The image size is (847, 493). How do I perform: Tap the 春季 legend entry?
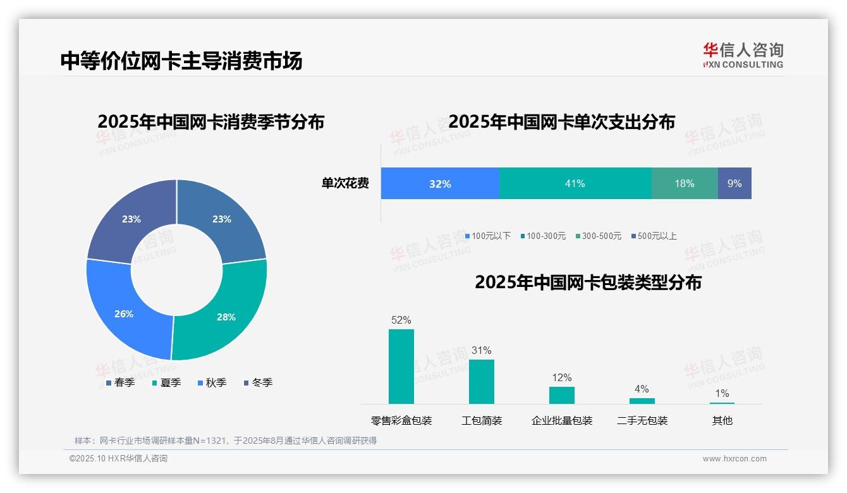[120, 382]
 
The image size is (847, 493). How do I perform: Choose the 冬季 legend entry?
[258, 382]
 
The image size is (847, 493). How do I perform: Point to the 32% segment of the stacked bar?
[440, 184]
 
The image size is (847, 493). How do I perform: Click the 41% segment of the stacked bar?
[575, 184]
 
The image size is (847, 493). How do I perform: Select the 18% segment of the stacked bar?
[685, 184]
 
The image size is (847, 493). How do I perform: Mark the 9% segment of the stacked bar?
[734, 184]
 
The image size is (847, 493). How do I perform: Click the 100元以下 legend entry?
[487, 236]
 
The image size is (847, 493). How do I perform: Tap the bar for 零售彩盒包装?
[401, 367]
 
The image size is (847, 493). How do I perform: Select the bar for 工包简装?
[482, 382]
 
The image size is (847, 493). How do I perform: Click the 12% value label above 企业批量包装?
[561, 378]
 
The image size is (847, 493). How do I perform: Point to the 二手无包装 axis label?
[642, 420]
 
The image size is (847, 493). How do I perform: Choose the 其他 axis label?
[722, 420]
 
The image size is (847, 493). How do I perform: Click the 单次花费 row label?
[345, 184]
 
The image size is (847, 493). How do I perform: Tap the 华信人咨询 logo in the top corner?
[743, 55]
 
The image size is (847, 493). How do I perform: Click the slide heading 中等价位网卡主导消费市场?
[181, 61]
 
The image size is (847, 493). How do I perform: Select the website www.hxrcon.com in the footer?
[734, 459]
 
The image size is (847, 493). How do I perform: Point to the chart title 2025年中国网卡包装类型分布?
[588, 283]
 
